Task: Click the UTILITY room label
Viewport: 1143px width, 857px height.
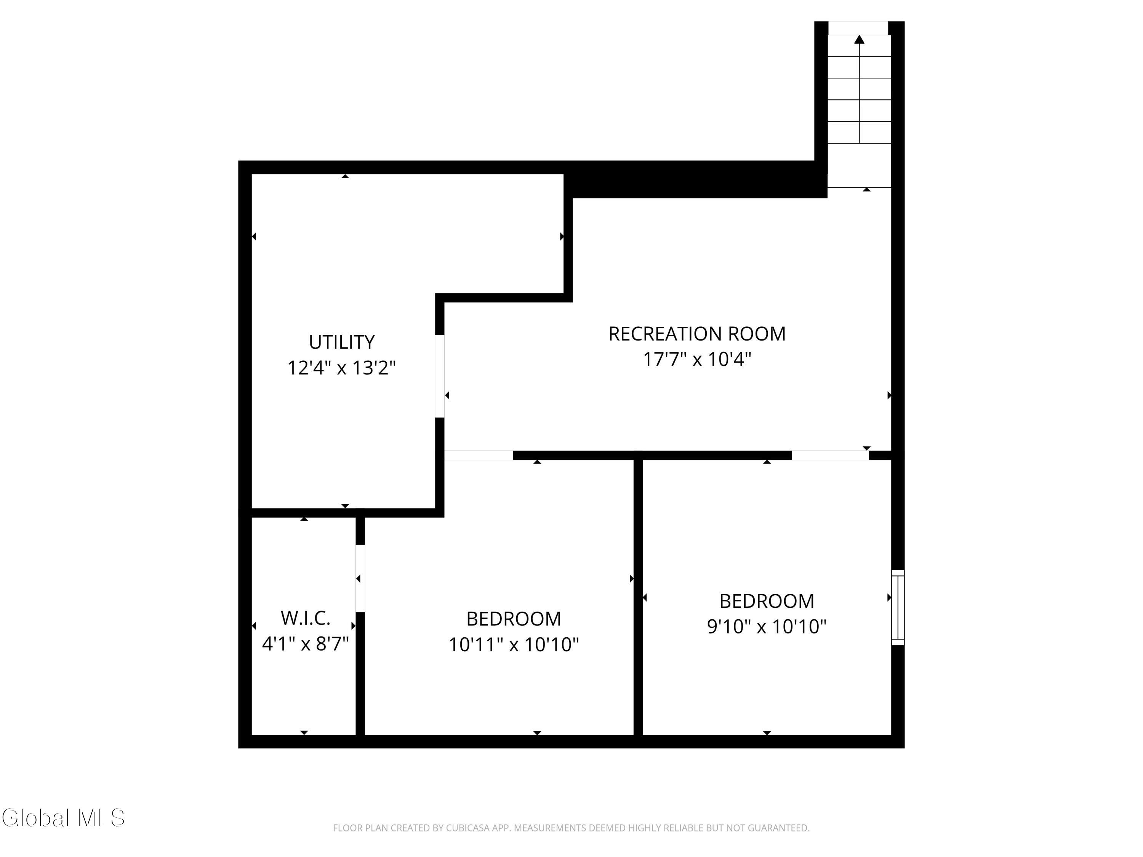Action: tap(341, 342)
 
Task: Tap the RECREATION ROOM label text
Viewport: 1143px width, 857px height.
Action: tap(696, 334)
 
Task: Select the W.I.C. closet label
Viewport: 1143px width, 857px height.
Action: tap(306, 618)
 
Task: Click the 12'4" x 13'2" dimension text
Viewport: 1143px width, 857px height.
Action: tap(341, 368)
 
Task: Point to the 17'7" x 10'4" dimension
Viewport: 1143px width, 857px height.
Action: tap(696, 359)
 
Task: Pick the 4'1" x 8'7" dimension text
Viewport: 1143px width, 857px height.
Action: tap(306, 644)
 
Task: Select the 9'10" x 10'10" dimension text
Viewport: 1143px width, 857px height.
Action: tap(767, 627)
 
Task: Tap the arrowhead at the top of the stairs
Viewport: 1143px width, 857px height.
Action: tap(859, 39)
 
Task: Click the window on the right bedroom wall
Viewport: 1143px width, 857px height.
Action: tap(898, 608)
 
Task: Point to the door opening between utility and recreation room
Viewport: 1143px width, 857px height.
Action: tap(440, 376)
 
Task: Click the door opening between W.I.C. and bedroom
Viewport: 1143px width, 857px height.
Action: tap(360, 578)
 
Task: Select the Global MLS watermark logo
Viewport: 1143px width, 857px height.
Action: tap(63, 817)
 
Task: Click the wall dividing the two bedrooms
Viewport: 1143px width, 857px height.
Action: tap(638, 597)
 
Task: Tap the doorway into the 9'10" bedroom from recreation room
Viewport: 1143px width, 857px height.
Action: tap(830, 455)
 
